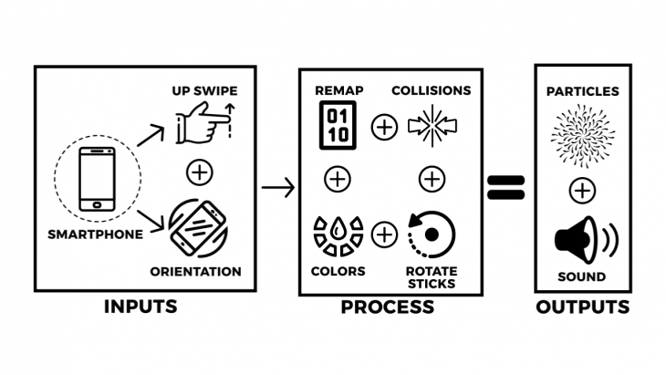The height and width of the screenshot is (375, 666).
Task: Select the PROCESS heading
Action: point(387,307)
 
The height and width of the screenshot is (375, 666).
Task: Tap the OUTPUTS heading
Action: point(582,307)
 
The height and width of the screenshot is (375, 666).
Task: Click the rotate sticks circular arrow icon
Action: point(432,234)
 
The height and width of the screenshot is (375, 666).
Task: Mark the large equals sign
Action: point(505,188)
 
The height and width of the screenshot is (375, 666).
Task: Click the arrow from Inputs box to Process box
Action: point(277,189)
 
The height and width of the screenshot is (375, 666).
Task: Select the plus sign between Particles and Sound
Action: point(582,190)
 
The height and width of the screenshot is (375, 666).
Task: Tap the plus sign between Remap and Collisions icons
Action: point(385,127)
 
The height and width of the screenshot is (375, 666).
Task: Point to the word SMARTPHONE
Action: point(96,234)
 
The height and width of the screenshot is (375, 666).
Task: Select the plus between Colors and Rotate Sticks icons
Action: point(385,234)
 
